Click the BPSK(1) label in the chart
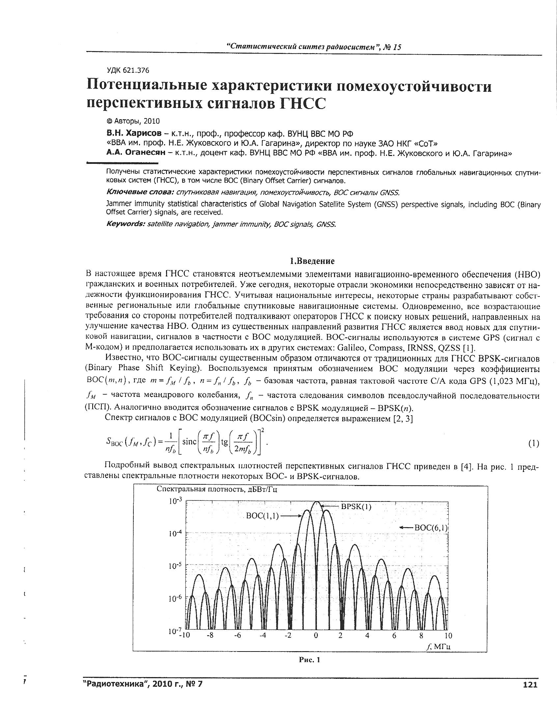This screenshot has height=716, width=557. tap(356, 507)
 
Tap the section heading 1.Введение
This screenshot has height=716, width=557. tap(312, 261)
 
